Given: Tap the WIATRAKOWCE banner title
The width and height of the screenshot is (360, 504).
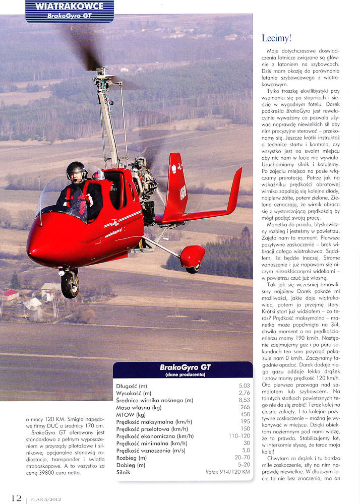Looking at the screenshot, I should pyautogui.click(x=70, y=7).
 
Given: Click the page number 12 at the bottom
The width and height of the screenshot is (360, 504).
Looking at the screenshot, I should pyautogui.click(x=16, y=498).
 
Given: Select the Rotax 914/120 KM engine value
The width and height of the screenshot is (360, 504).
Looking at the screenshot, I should pyautogui.click(x=227, y=472).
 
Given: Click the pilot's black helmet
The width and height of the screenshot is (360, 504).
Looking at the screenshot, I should pyautogui.click(x=76, y=170).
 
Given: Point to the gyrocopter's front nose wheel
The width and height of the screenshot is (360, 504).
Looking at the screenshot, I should pyautogui.click(x=70, y=285).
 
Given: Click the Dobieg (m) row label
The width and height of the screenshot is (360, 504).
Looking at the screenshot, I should pyautogui.click(x=132, y=465).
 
